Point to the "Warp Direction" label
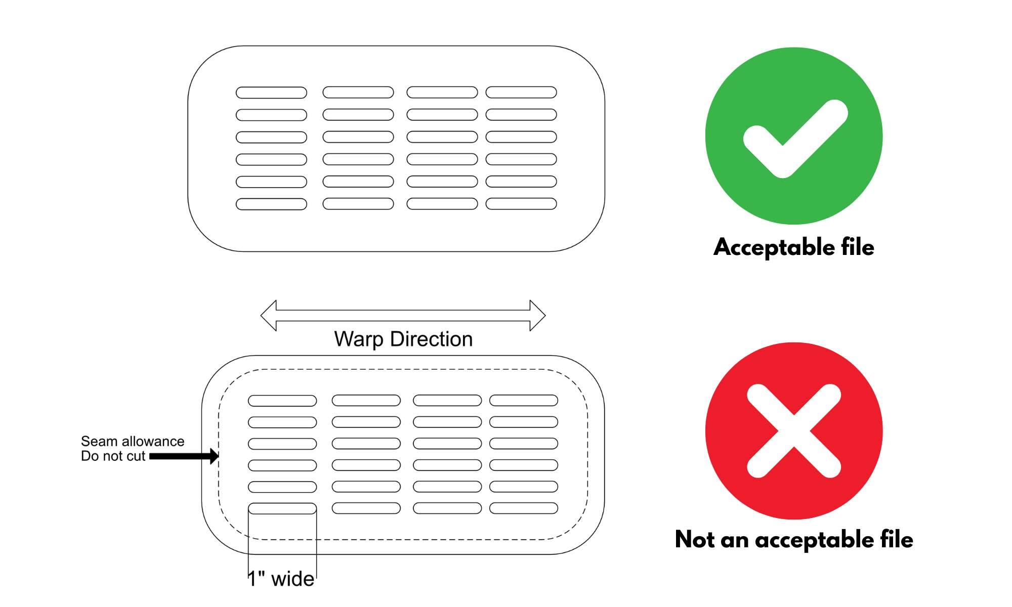403,339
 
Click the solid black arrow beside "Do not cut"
184,456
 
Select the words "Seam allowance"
133,442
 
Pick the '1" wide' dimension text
281,579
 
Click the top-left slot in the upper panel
271,93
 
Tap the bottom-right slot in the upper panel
521,204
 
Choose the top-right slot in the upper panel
521,92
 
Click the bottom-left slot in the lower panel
282,508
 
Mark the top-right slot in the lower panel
524,401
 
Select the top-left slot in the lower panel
282,401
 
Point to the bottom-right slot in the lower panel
524,508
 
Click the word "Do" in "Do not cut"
89,456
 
